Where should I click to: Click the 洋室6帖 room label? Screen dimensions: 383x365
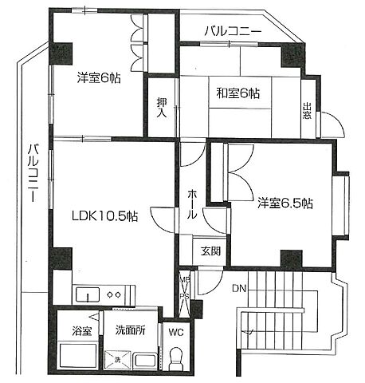point(99,78)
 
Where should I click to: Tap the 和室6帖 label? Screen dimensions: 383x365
point(237,93)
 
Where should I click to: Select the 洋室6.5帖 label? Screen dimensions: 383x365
point(284,203)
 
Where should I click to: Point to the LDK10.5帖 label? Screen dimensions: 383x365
point(104,215)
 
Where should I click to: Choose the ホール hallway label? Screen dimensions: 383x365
point(192,205)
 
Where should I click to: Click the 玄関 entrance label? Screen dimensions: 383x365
point(210,251)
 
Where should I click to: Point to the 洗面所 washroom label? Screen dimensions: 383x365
point(130,331)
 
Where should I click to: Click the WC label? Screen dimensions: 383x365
point(175,331)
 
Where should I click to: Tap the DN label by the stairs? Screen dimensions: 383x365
point(240,290)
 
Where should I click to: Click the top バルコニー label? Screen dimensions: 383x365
point(233,31)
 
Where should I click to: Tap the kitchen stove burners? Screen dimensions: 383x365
point(112,294)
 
